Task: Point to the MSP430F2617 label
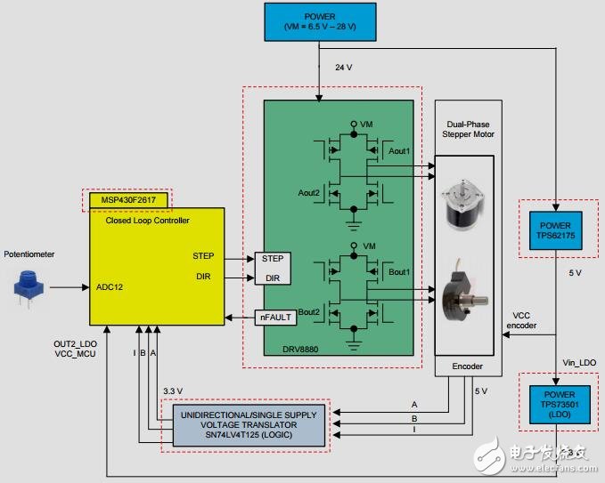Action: (x=127, y=200)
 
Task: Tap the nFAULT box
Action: (x=276, y=316)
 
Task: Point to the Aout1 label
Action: (x=401, y=152)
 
